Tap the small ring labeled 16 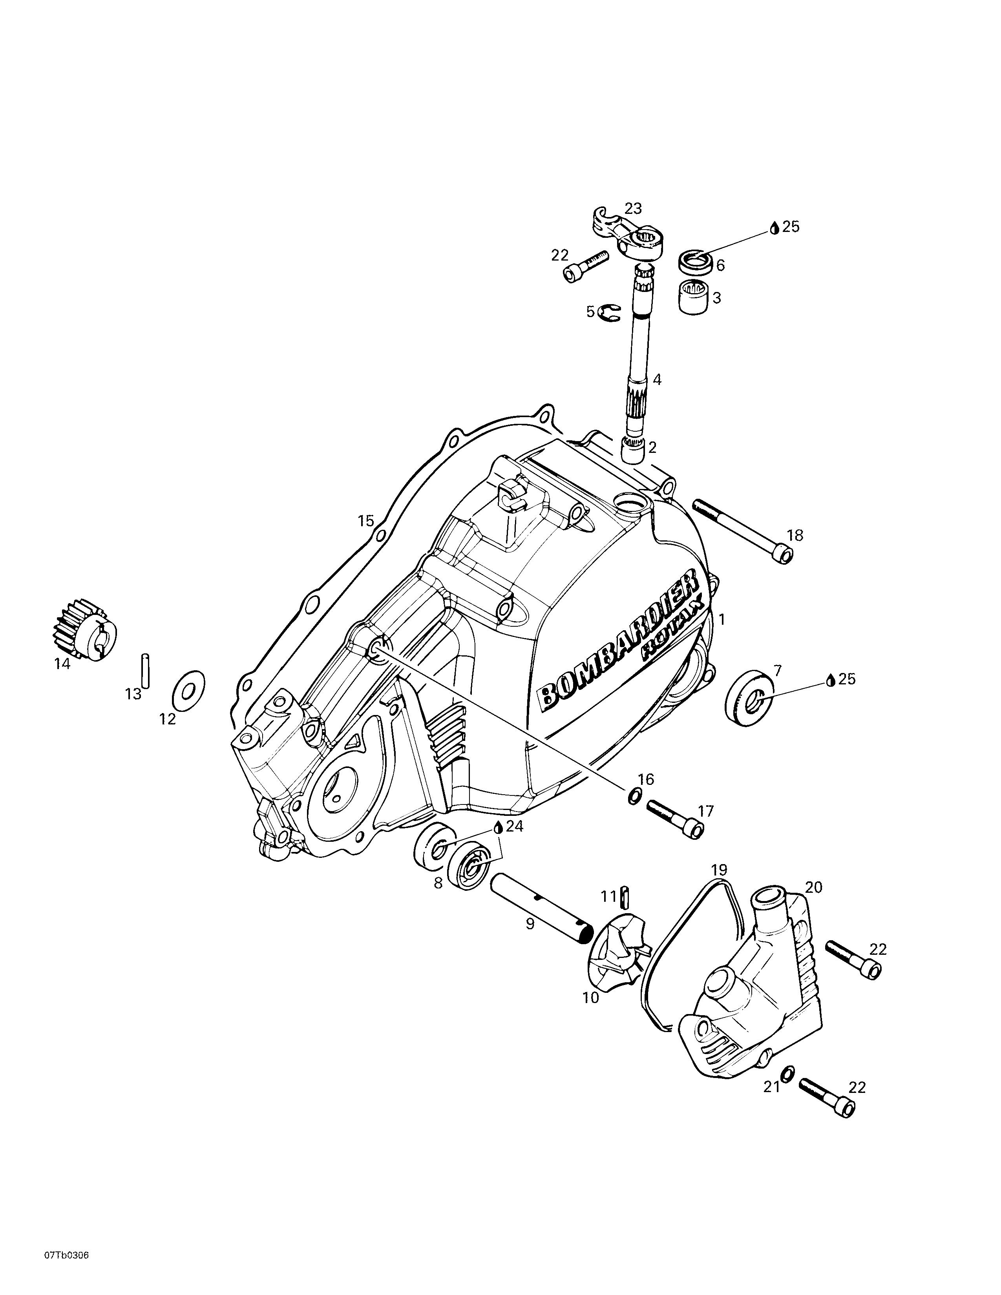pos(633,796)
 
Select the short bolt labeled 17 pos(675,818)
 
